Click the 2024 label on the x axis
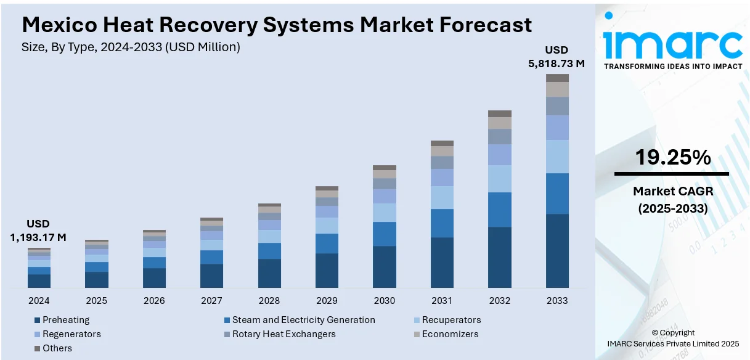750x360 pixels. point(39,301)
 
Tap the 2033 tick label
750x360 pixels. point(557,301)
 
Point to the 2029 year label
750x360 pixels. point(327,301)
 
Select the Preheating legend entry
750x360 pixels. point(65,320)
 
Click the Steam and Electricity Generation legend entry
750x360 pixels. point(303,320)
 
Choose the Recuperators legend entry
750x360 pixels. point(451,320)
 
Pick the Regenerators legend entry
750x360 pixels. point(71,334)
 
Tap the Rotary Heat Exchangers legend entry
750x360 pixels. point(283,334)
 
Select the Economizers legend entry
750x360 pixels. point(449,334)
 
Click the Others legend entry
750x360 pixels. point(57,348)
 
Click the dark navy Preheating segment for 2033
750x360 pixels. point(557,251)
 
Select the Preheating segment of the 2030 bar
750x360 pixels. point(385,267)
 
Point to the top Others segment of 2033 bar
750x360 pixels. point(557,78)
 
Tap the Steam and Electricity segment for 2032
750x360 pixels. point(500,210)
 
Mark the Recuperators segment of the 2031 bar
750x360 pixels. point(442,197)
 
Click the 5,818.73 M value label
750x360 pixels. point(556,63)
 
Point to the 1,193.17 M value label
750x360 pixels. point(38,237)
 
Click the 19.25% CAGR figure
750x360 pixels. point(672,158)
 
